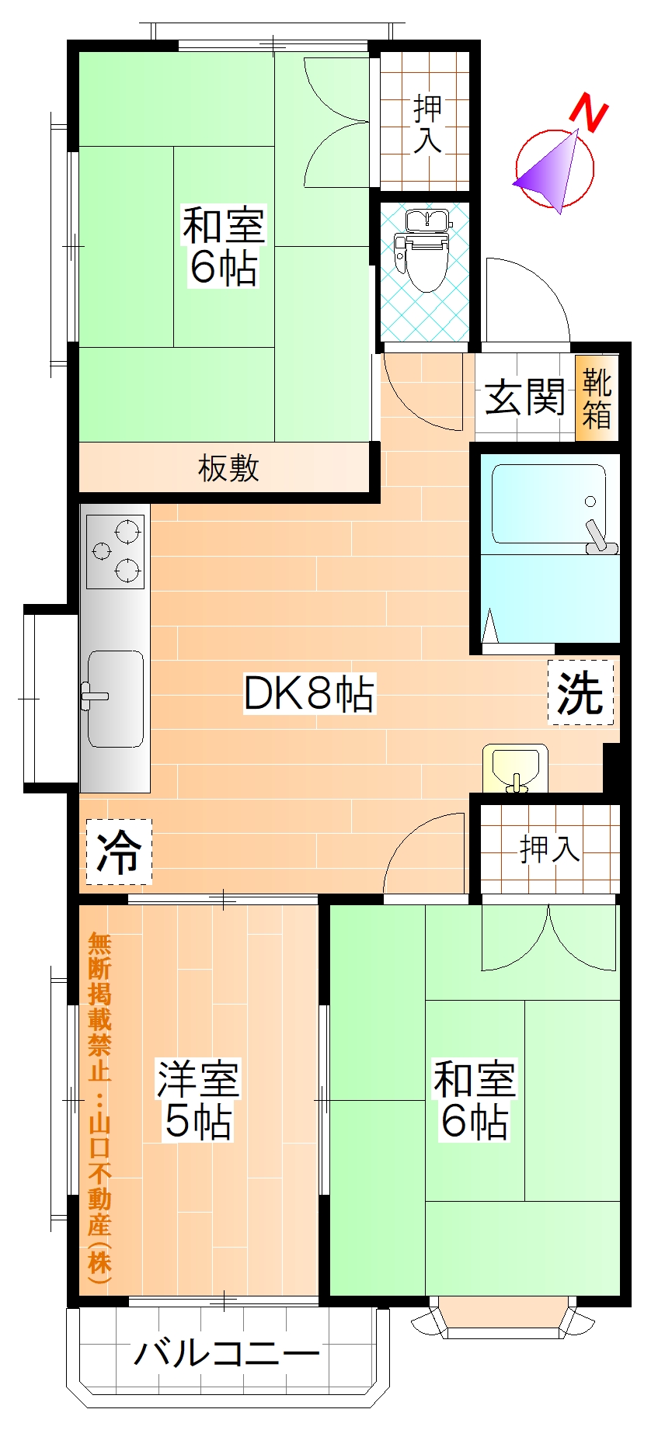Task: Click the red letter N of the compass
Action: click(x=588, y=114)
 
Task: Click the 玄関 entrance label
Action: click(x=524, y=397)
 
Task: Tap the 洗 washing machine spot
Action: click(x=580, y=692)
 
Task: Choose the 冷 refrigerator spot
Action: click(x=118, y=852)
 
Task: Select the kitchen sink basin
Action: click(x=116, y=699)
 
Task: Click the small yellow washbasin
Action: click(x=515, y=765)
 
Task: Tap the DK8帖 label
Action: click(x=309, y=693)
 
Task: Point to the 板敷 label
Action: click(x=228, y=468)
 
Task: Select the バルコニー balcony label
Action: click(x=227, y=1354)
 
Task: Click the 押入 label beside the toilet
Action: click(x=427, y=123)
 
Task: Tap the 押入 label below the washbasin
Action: click(x=549, y=849)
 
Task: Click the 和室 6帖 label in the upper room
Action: click(x=224, y=246)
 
